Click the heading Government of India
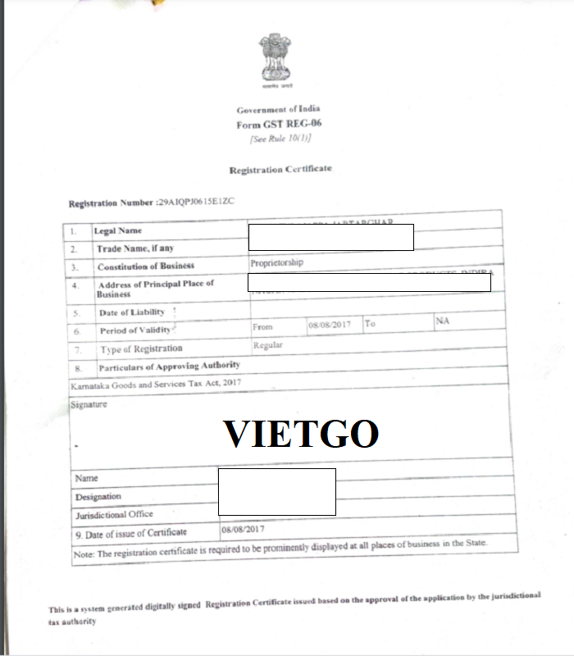click(278, 110)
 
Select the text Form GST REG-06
click(279, 124)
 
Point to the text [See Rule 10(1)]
click(280, 138)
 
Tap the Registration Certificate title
click(280, 168)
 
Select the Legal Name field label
click(118, 231)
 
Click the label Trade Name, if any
click(134, 248)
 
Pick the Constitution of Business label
click(145, 266)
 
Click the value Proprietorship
click(276, 263)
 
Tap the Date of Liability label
click(131, 312)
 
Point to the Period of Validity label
click(135, 330)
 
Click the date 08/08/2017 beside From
click(329, 325)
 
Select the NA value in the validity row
click(442, 321)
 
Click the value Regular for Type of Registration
click(268, 345)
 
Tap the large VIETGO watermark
click(301, 434)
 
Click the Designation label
click(98, 497)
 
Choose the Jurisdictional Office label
click(114, 514)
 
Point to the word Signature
click(89, 404)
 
